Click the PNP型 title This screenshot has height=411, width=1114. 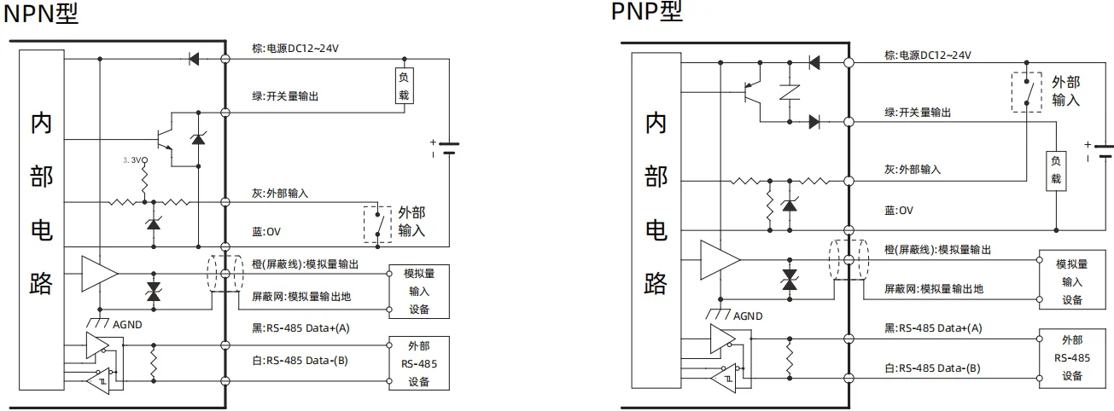tap(646, 11)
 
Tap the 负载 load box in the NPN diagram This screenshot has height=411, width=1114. tap(405, 85)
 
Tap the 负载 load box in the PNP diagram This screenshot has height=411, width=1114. tap(1056, 170)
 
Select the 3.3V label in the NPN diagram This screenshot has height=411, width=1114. tap(135, 159)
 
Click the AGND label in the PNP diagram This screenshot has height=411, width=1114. tap(747, 315)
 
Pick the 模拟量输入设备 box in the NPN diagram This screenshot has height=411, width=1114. tap(418, 292)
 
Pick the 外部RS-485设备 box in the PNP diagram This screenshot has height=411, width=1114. tap(1071, 357)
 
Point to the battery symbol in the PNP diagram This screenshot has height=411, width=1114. tap(1105, 152)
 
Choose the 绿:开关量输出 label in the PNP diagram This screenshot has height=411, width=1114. tap(917, 113)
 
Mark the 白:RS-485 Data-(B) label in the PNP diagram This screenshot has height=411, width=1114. tap(932, 368)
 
